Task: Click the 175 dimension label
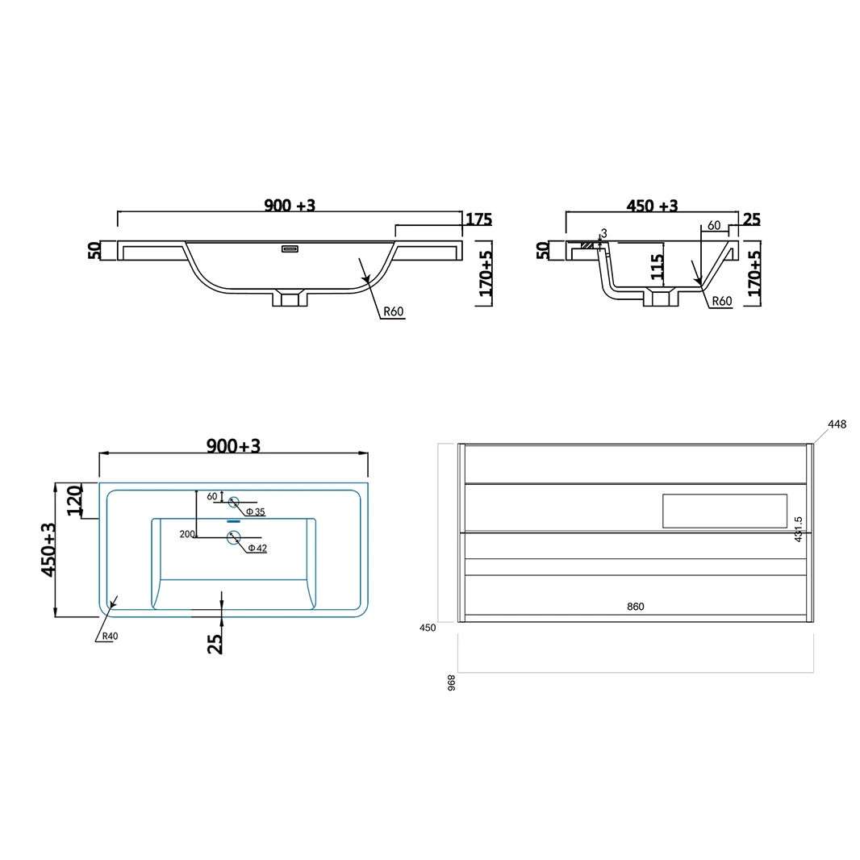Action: pyautogui.click(x=479, y=219)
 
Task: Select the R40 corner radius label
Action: pyautogui.click(x=110, y=637)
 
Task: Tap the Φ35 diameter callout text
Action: pyautogui.click(x=255, y=511)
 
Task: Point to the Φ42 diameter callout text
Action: pyautogui.click(x=257, y=548)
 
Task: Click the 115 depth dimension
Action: pyautogui.click(x=657, y=266)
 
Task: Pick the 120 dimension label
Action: pyautogui.click(x=74, y=500)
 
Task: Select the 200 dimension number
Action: pyautogui.click(x=187, y=534)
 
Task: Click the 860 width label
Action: pyautogui.click(x=635, y=607)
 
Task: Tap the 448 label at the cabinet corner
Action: pyautogui.click(x=837, y=424)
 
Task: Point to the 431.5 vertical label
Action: pyautogui.click(x=799, y=529)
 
